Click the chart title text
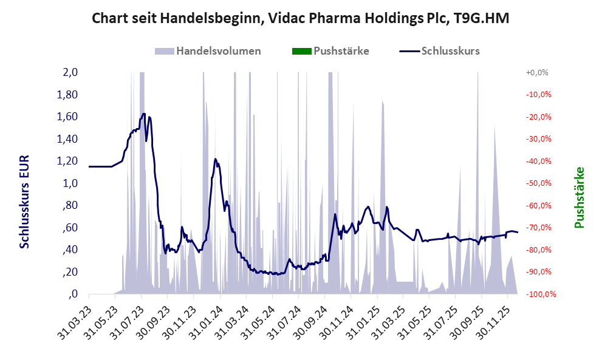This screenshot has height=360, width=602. click(x=300, y=18)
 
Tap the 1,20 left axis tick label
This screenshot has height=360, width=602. click(x=67, y=161)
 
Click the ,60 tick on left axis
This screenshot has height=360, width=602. click(x=70, y=228)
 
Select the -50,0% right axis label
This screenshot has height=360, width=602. click(x=537, y=183)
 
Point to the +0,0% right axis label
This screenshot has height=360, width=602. click(x=537, y=72)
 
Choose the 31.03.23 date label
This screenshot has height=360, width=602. click(x=76, y=318)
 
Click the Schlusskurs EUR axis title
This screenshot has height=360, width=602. click(x=24, y=201)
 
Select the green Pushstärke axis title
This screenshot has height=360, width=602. click(x=578, y=197)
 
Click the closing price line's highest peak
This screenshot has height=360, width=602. click(x=143, y=114)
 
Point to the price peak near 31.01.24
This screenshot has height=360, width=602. click(x=216, y=159)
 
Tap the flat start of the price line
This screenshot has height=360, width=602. click(x=100, y=166)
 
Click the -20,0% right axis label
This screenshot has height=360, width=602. click(x=537, y=117)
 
